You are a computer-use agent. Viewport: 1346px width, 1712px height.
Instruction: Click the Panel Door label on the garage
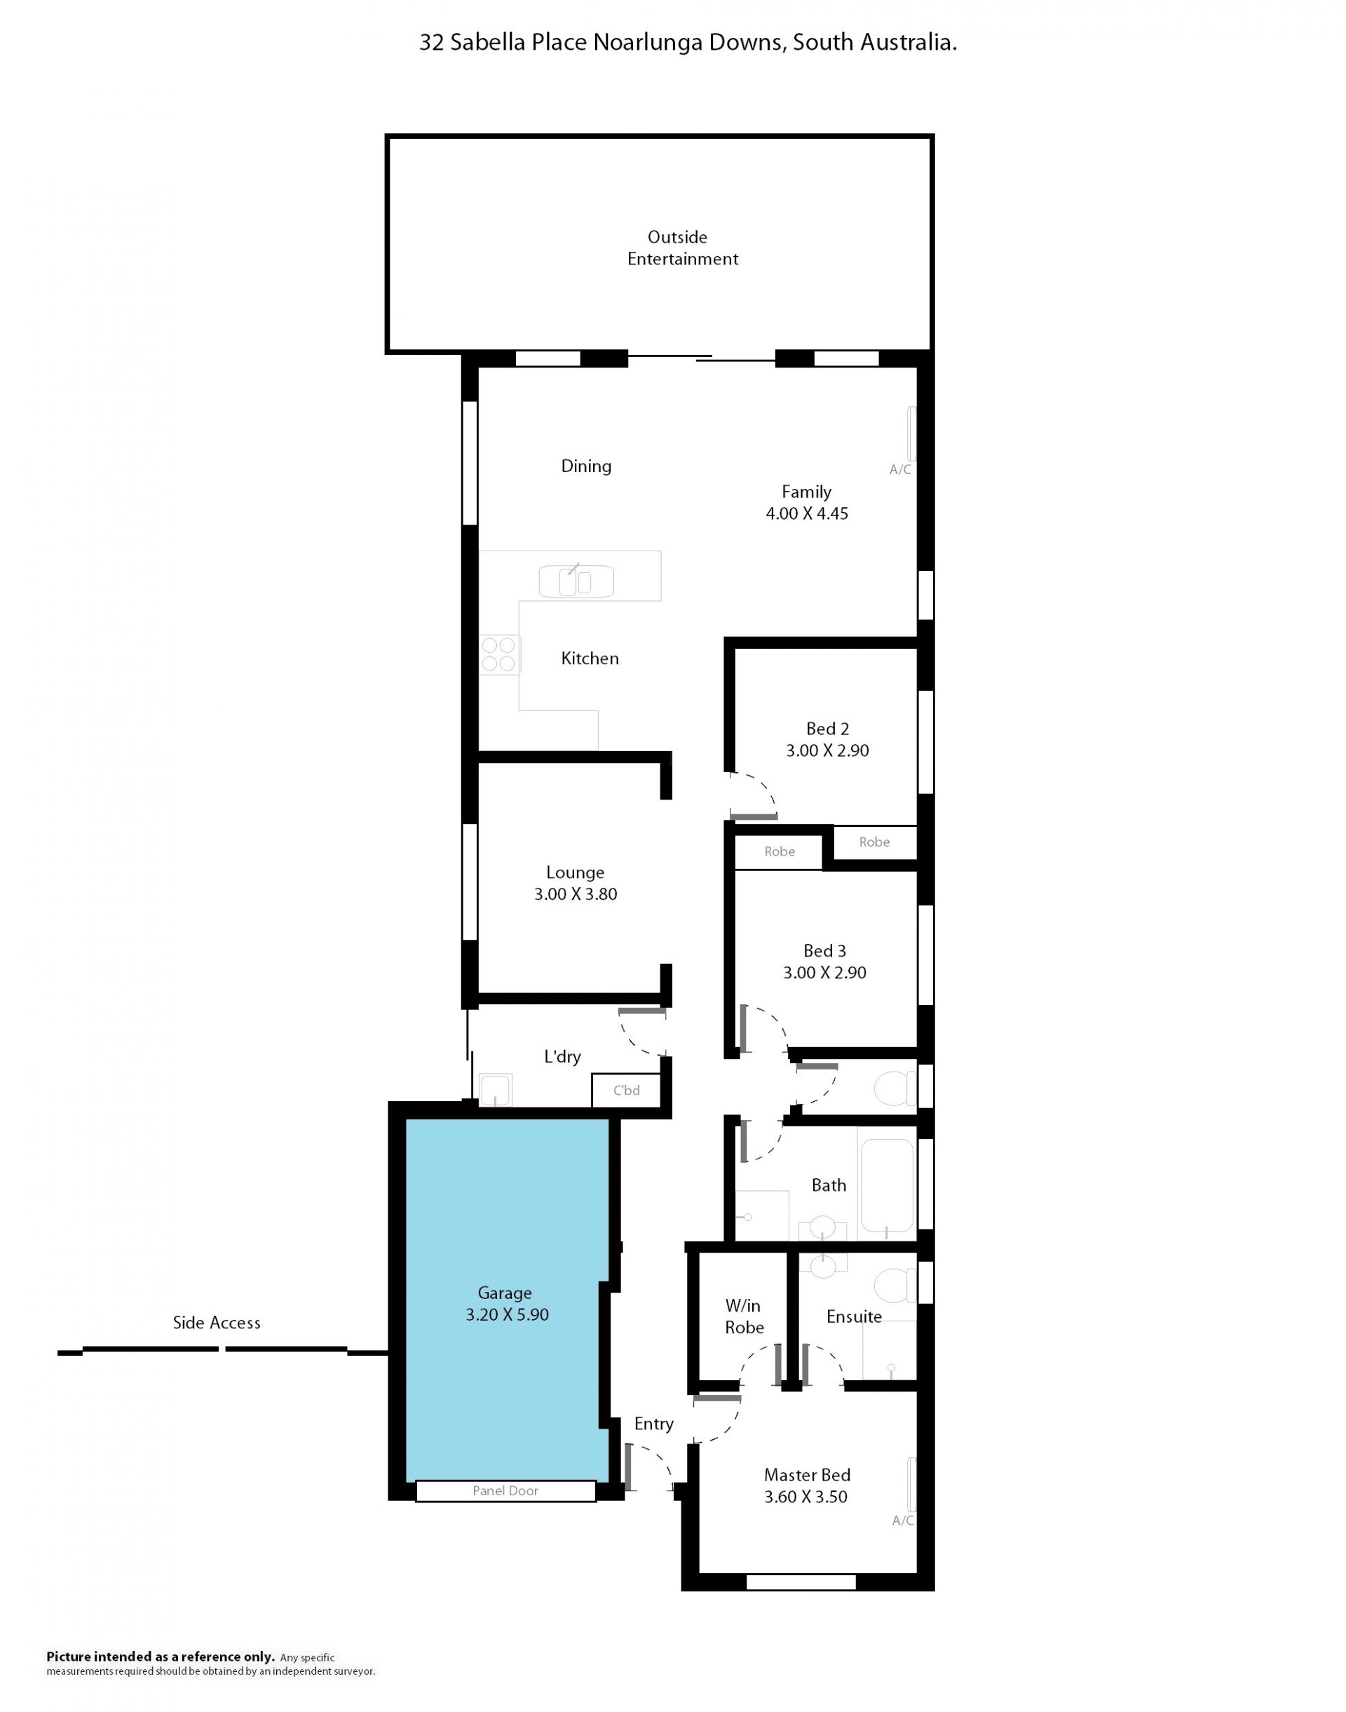tap(505, 1490)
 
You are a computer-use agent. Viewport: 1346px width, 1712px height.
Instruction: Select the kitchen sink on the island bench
tap(576, 581)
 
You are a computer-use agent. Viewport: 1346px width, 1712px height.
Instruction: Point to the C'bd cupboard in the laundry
tap(627, 1090)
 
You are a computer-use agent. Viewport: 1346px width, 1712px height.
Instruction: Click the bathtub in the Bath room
tap(888, 1185)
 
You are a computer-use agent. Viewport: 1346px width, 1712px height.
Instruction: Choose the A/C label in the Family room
tap(900, 470)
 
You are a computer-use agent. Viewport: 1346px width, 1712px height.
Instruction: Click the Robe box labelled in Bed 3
tap(779, 851)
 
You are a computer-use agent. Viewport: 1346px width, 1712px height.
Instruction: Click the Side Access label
tap(217, 1323)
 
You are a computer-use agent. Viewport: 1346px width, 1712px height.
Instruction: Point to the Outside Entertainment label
tap(682, 248)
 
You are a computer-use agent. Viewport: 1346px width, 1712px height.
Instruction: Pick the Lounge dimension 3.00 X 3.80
tap(576, 894)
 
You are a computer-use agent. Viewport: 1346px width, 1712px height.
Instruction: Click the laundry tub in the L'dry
tap(495, 1090)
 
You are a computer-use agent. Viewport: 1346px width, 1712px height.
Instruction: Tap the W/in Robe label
tap(744, 1316)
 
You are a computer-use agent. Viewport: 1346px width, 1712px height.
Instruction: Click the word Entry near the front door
tap(654, 1424)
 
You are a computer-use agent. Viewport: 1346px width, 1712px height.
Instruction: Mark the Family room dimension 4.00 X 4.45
tap(807, 513)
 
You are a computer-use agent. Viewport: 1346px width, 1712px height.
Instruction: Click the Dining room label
tap(586, 466)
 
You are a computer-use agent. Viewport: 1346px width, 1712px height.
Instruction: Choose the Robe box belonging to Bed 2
tap(875, 842)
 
